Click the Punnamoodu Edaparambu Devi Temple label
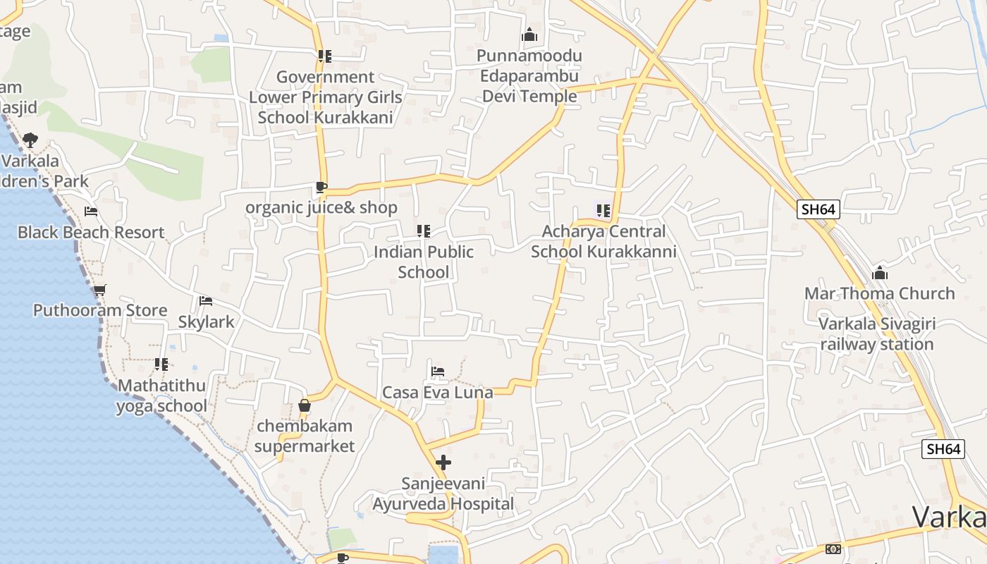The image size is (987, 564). tap(529, 76)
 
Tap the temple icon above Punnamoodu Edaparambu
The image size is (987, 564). tap(529, 35)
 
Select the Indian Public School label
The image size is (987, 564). tap(423, 262)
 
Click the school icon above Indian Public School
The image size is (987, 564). tap(423, 231)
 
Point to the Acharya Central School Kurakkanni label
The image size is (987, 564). tap(603, 241)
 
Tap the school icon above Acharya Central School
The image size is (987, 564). tap(603, 210)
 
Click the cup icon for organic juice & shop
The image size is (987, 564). tap(321, 188)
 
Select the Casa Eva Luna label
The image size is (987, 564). tap(437, 392)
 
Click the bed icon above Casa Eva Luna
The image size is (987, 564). tap(438, 371)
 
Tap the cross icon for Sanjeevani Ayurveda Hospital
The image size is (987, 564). tap(443, 462)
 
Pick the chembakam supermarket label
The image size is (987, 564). tap(305, 436)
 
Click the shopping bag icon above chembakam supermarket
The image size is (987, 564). tap(305, 405)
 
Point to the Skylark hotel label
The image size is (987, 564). tap(206, 321)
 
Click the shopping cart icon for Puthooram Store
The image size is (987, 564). tap(100, 290)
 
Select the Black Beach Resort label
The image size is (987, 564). tap(91, 232)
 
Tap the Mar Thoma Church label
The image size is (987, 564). tap(879, 293)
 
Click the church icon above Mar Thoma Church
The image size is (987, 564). tap(880, 273)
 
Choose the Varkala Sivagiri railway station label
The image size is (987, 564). tap(876, 334)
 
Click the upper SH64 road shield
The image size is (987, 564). tap(818, 209)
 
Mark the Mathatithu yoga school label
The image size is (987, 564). tap(161, 396)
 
